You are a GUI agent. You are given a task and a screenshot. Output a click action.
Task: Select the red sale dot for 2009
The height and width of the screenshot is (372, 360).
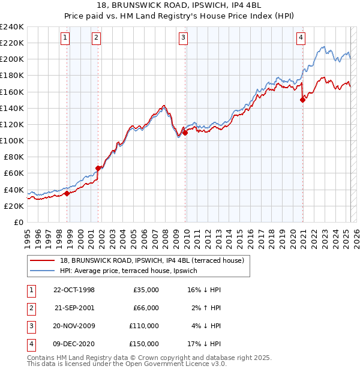(x=185, y=133)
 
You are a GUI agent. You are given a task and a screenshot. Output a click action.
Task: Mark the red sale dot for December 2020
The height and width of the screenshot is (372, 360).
(x=302, y=100)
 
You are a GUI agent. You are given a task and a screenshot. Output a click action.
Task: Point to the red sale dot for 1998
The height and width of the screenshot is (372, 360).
(x=67, y=193)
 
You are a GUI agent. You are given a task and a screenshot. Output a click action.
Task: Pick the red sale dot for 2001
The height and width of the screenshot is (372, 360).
(x=98, y=168)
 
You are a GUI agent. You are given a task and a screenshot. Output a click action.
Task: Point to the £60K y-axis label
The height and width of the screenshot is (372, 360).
(x=13, y=173)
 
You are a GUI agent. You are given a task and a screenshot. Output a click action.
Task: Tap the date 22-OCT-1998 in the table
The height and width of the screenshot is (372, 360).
(x=74, y=290)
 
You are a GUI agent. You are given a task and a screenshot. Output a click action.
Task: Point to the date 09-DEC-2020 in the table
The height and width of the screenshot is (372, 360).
(x=74, y=344)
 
